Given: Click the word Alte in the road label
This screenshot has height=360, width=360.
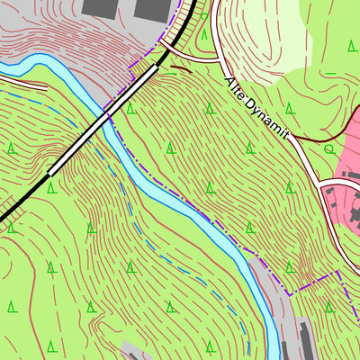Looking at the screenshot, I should tap(235, 91).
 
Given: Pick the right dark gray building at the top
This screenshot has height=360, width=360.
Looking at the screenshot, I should tap(153, 8).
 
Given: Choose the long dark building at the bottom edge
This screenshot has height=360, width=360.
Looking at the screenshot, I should tap(305, 339).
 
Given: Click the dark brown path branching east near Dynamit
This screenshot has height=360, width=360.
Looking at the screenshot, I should tap(310, 139).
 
